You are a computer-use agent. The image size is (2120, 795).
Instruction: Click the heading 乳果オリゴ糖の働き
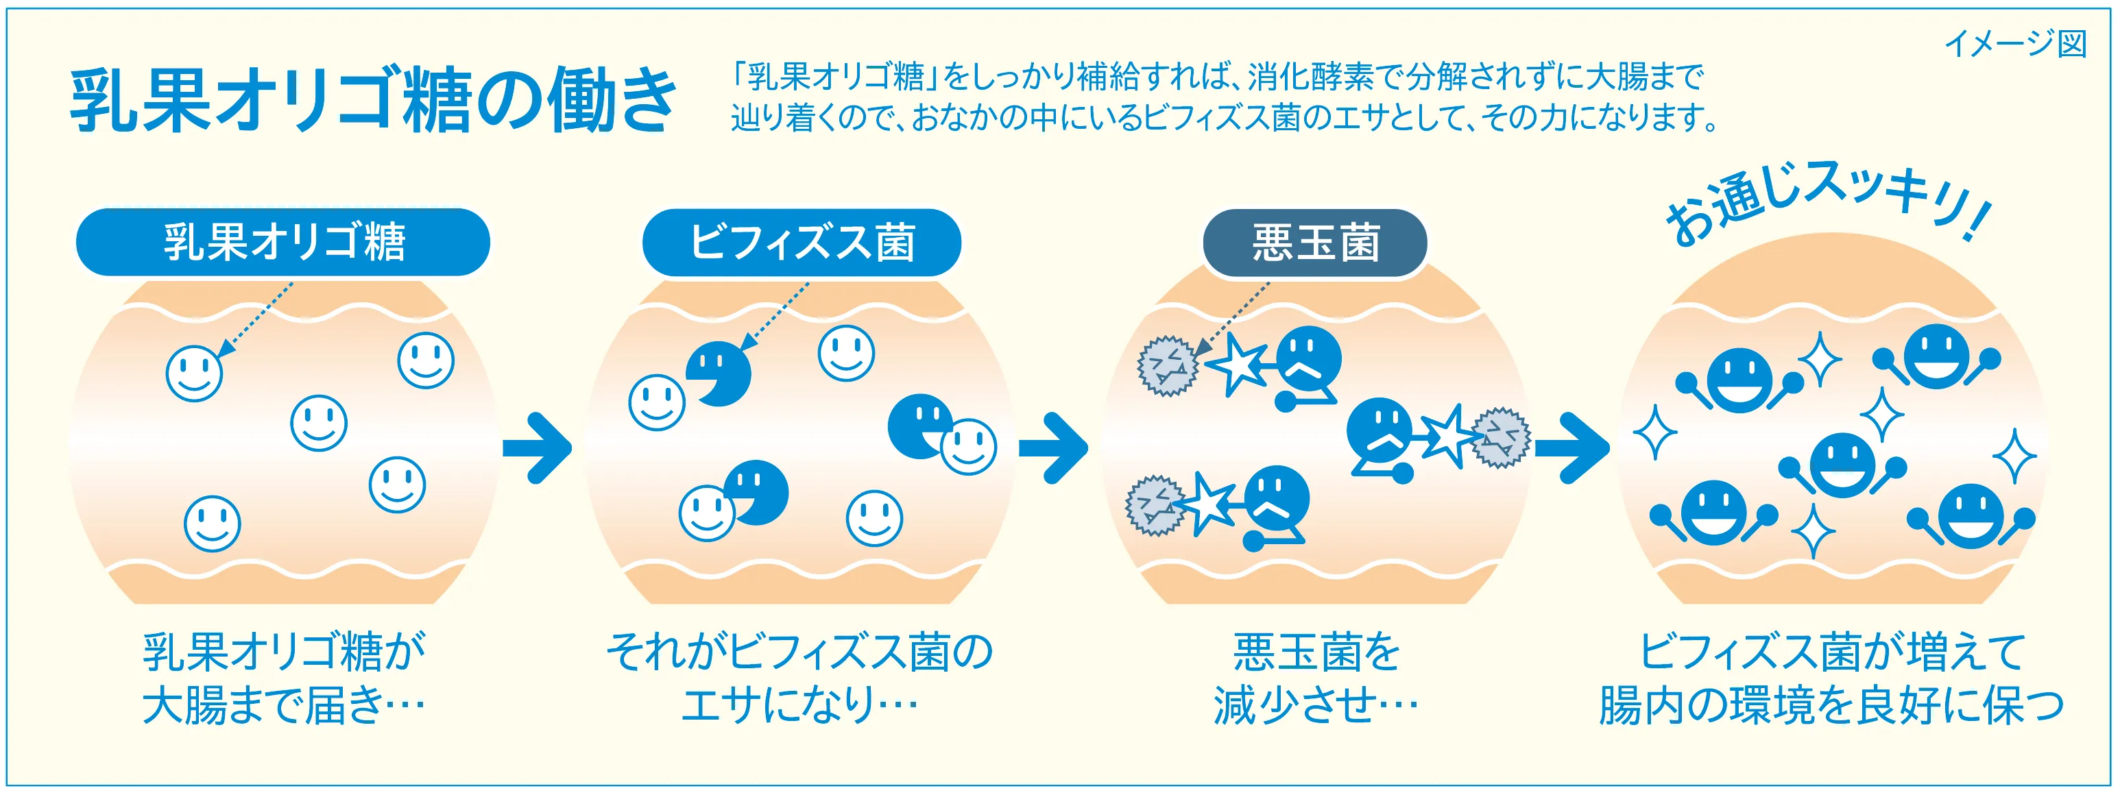[x=374, y=101]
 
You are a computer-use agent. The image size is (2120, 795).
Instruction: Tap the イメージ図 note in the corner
[x=2016, y=44]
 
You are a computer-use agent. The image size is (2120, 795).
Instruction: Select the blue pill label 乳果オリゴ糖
[x=283, y=242]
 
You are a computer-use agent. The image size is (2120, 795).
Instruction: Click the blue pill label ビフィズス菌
[x=802, y=243]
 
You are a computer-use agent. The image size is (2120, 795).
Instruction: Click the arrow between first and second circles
[x=538, y=448]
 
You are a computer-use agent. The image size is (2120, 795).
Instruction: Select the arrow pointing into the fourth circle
[x=1572, y=448]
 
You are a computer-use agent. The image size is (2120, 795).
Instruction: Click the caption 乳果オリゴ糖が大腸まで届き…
[x=284, y=678]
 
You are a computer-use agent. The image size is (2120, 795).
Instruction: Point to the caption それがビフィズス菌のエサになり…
[x=800, y=678]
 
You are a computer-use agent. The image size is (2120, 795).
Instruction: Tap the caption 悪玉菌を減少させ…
[x=1315, y=678]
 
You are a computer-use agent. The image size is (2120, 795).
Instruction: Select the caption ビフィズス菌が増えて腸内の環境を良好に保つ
[x=1832, y=678]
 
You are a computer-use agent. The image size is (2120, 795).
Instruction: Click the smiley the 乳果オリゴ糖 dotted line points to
[x=194, y=374]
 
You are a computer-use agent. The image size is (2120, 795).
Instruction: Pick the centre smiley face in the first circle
[x=319, y=423]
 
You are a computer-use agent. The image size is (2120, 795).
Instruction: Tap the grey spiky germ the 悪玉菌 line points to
[x=1167, y=365]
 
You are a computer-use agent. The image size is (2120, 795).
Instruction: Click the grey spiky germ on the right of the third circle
[x=1500, y=438]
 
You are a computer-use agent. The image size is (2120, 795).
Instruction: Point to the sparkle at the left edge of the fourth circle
[x=1654, y=431]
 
